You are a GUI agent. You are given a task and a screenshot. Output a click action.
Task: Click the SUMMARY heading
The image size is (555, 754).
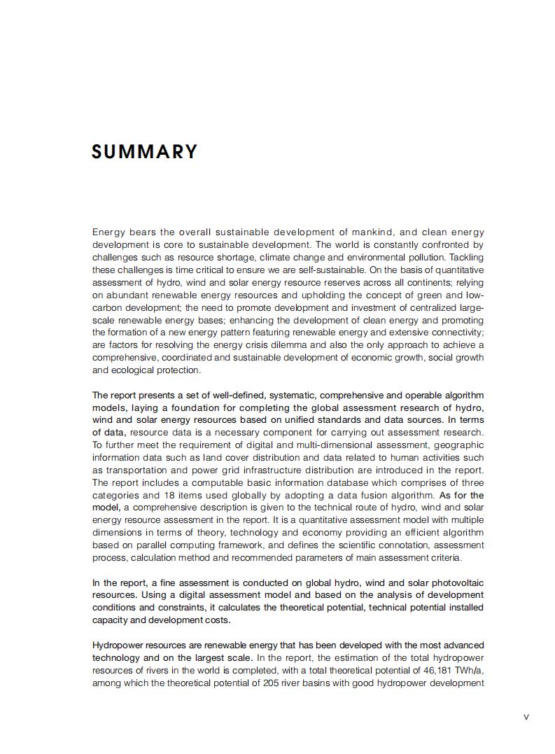(145, 152)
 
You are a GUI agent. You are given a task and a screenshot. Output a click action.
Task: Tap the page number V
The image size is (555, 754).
(526, 716)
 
